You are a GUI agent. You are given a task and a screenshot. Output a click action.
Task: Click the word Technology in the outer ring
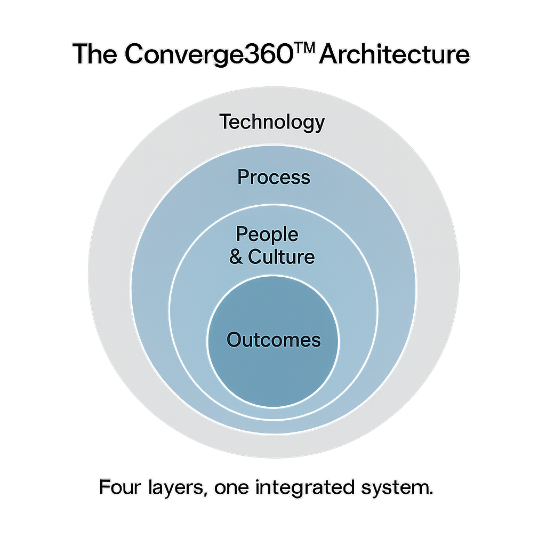(x=272, y=123)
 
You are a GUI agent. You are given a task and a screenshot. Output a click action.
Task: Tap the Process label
(x=274, y=177)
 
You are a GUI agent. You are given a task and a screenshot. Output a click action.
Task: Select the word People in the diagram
(x=267, y=234)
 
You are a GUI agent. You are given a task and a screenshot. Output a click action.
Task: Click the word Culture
(x=282, y=257)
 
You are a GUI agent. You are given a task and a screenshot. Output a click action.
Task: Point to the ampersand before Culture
(x=236, y=258)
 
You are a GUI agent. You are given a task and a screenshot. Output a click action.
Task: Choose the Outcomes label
(x=274, y=340)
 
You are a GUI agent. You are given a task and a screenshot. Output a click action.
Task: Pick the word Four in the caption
(x=116, y=487)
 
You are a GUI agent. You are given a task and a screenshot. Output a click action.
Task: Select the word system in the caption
(x=395, y=488)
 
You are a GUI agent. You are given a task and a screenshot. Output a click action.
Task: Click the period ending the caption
(x=431, y=493)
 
